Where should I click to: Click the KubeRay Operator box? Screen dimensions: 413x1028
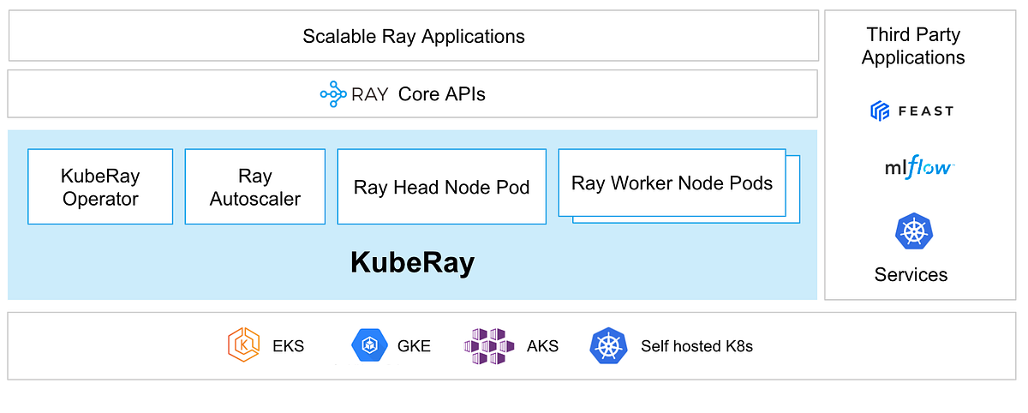[100, 187]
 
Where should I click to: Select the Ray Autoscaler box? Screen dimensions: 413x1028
[254, 187]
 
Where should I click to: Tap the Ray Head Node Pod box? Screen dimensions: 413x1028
[441, 187]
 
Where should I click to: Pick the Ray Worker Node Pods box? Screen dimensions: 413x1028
[672, 183]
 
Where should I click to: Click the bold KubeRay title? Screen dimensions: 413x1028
[412, 263]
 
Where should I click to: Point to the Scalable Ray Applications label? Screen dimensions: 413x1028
[413, 37]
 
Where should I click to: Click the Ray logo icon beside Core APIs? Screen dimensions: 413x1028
[332, 94]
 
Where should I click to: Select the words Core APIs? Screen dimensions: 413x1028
[441, 94]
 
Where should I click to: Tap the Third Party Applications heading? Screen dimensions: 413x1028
[913, 46]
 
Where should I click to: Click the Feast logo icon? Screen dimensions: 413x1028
[881, 111]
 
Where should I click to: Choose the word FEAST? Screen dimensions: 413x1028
[925, 111]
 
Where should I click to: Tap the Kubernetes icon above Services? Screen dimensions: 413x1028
[913, 231]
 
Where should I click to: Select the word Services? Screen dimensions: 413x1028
[911, 275]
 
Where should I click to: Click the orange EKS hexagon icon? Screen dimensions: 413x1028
[243, 346]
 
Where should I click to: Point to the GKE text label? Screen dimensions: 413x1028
[415, 347]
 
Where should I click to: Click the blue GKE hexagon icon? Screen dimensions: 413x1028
[370, 346]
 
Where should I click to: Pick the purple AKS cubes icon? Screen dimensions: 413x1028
[489, 346]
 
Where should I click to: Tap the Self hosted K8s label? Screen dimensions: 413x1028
[696, 347]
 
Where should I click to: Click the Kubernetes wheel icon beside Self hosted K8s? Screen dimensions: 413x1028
[608, 346]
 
